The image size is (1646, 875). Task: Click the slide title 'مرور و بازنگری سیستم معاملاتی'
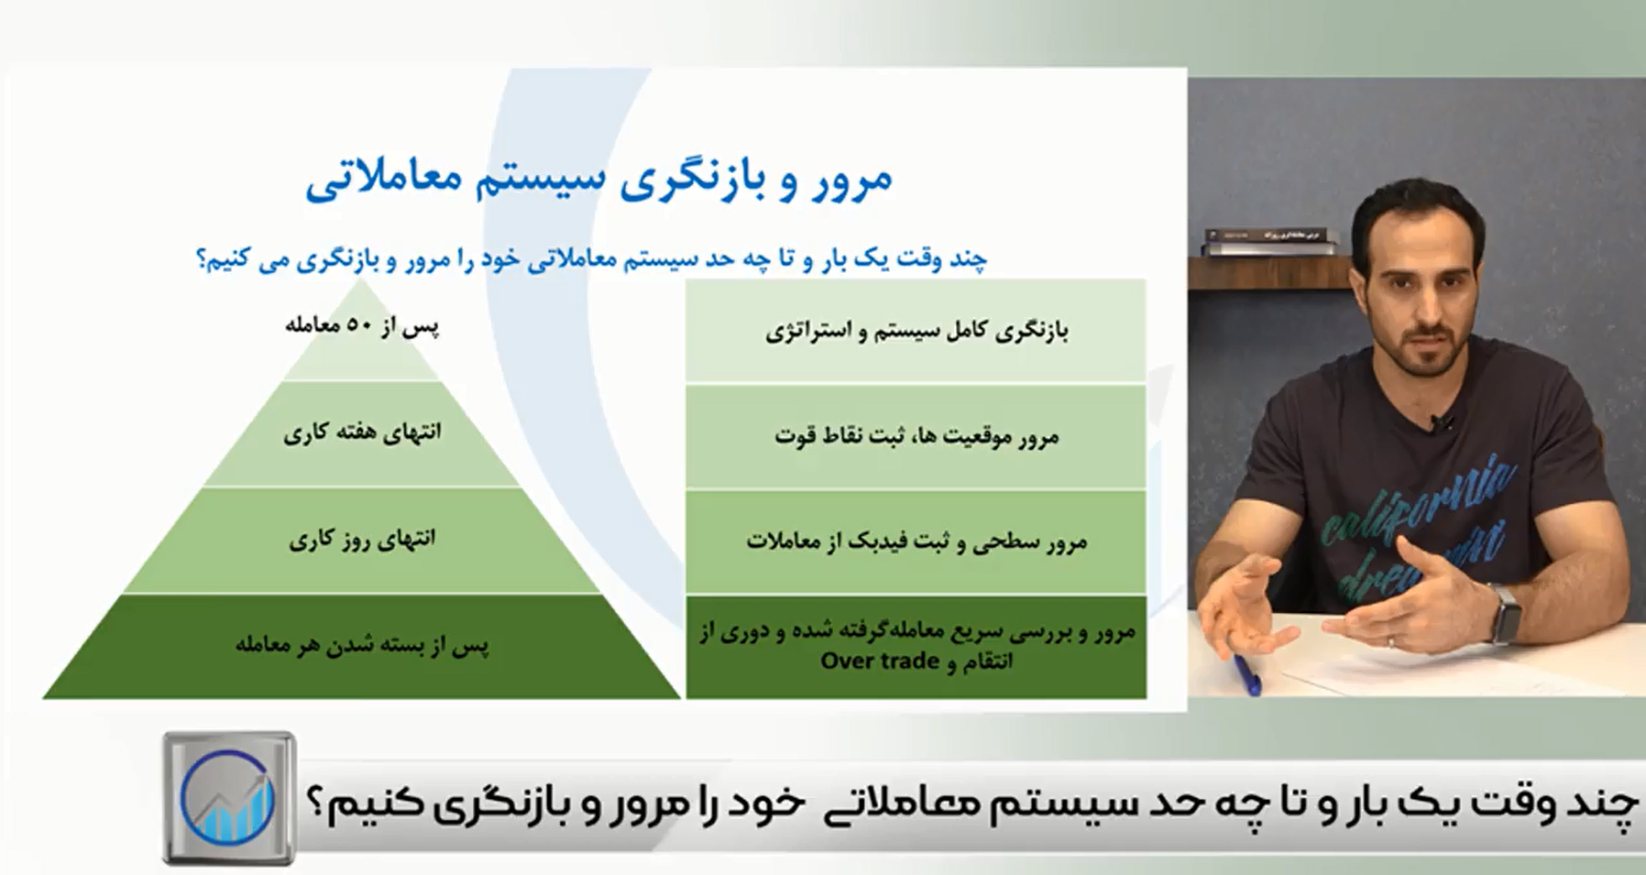[598, 180]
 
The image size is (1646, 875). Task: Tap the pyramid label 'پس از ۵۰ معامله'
[362, 326]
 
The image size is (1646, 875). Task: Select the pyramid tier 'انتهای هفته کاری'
[362, 433]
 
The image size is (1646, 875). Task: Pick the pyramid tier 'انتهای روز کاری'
[362, 540]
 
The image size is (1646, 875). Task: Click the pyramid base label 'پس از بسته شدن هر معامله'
[362, 645]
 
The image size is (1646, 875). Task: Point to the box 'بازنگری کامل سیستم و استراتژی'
[916, 331]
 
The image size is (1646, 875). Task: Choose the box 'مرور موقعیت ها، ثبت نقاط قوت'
[916, 436]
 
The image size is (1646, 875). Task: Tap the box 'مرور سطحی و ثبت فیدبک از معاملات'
[916, 541]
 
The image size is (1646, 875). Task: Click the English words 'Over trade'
[879, 662]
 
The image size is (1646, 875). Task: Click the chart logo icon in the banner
[228, 798]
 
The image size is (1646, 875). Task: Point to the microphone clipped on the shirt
[1447, 423]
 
